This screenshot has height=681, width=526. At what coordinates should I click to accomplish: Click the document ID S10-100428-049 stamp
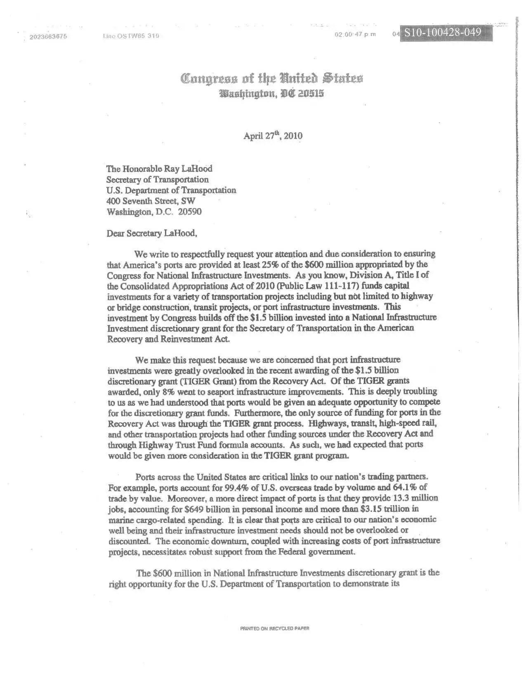click(x=442, y=33)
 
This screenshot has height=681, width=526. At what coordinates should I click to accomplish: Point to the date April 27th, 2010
click(x=273, y=136)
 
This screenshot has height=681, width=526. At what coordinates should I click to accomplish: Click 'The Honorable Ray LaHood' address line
click(x=159, y=168)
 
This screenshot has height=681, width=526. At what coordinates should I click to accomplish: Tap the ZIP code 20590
click(x=190, y=212)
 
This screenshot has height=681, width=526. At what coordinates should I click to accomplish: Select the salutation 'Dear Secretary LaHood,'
click(x=152, y=233)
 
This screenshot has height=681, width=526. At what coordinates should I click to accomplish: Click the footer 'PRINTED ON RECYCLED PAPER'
click(x=275, y=629)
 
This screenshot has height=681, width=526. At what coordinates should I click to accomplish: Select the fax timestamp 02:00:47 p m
click(x=355, y=34)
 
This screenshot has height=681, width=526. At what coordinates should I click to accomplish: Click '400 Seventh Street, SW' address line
click(x=151, y=201)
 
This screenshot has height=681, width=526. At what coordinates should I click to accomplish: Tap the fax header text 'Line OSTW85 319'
click(x=130, y=36)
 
